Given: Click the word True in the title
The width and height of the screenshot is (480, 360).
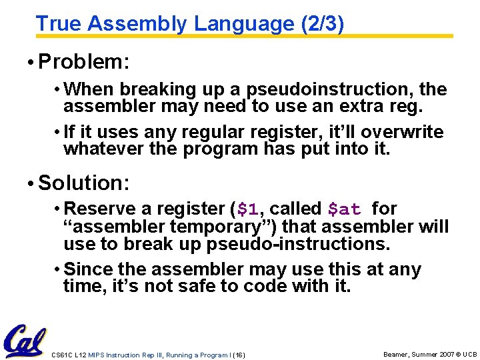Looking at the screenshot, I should [x=59, y=24].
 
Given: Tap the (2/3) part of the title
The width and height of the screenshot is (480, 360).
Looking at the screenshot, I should [x=323, y=24].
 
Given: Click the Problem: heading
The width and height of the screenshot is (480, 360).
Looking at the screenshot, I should [x=84, y=63].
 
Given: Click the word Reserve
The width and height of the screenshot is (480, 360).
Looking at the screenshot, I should [x=106, y=209].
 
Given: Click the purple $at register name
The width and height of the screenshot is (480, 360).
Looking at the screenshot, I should [x=344, y=209].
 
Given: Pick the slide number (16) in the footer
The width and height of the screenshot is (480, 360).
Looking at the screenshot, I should [x=239, y=355].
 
